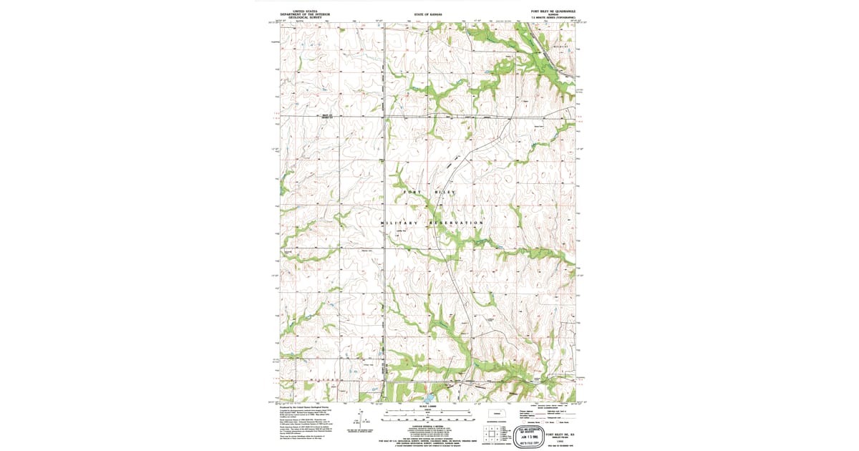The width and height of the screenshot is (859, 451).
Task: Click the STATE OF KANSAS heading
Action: (x=429, y=14)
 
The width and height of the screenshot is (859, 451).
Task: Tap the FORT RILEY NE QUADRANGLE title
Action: (x=557, y=11)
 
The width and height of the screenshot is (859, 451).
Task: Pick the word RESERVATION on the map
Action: (x=457, y=223)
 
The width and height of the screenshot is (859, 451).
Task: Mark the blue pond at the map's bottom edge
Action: (x=427, y=397)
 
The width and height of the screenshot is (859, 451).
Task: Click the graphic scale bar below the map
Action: (x=429, y=413)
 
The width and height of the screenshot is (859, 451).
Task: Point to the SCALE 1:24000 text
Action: (x=429, y=405)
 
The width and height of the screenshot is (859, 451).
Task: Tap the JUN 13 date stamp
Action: (x=528, y=435)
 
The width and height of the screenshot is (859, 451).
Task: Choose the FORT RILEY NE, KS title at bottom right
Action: (x=560, y=434)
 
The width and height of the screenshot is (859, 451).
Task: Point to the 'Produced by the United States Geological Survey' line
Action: (x=309, y=407)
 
